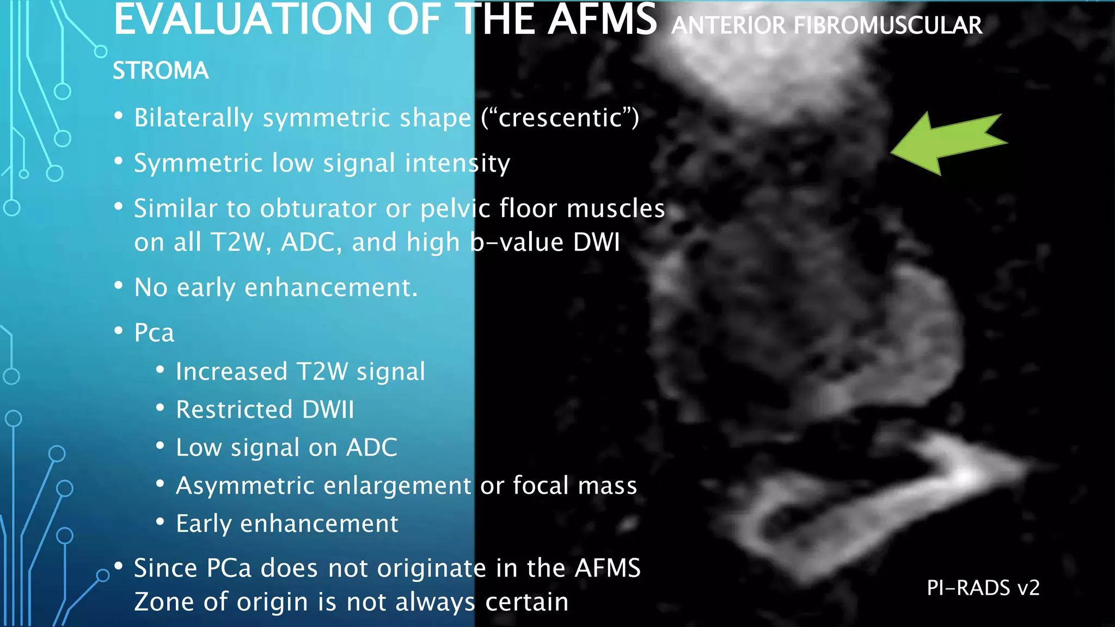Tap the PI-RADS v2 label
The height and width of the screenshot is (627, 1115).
coord(983,588)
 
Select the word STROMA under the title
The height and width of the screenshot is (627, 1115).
coord(161,71)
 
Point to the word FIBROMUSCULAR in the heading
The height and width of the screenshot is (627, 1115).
coord(888,26)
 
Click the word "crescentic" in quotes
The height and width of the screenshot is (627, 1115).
coord(560,118)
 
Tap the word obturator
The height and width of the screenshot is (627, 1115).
coord(318,208)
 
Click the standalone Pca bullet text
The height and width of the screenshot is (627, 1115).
coord(154,333)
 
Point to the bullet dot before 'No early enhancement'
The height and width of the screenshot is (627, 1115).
coord(119,285)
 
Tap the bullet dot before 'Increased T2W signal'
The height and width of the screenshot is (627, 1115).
coord(160,370)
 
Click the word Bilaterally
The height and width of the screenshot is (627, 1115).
coord(194,118)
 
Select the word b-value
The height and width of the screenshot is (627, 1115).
coord(517,242)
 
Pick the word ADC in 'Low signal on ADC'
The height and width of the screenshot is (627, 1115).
coord(372,447)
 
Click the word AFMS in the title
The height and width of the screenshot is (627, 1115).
coord(602,21)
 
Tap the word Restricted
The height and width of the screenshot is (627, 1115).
coord(235,409)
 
